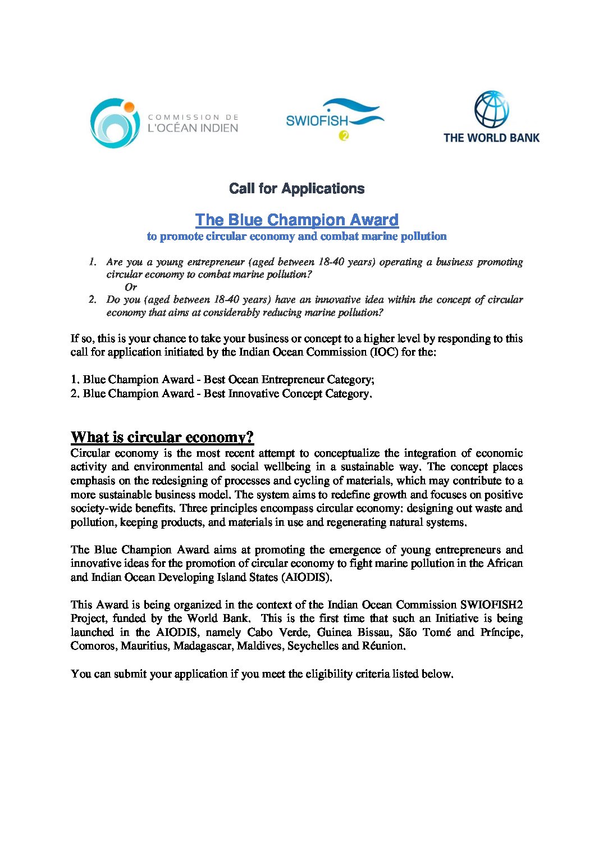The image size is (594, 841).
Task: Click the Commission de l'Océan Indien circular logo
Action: pyautogui.click(x=115, y=123)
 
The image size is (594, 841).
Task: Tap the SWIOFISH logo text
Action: pyautogui.click(x=317, y=120)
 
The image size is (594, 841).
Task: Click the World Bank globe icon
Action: pyautogui.click(x=491, y=109)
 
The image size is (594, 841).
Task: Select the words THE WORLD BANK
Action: pyautogui.click(x=491, y=138)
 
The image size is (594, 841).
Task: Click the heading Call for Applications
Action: pyautogui.click(x=296, y=189)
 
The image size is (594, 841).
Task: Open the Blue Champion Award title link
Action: pyautogui.click(x=296, y=220)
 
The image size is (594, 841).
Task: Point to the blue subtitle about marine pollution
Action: pyautogui.click(x=296, y=237)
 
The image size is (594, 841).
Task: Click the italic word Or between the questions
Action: pyautogui.click(x=131, y=287)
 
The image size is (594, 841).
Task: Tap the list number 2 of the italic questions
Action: pyautogui.click(x=93, y=299)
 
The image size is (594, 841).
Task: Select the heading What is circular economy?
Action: pyautogui.click(x=162, y=437)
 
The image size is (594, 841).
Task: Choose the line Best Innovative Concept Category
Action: pyautogui.click(x=227, y=394)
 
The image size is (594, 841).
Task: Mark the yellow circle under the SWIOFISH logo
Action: pyautogui.click(x=344, y=135)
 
